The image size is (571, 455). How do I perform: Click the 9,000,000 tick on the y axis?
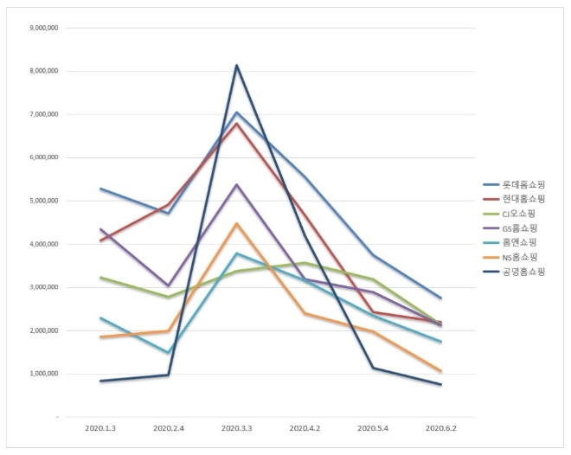[x=44, y=28]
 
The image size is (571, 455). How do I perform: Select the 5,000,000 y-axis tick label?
[x=44, y=201]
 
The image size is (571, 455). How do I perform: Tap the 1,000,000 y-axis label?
[x=44, y=374]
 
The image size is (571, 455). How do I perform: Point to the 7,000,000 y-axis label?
[x=44, y=114]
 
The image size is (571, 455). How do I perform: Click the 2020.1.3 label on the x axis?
[x=102, y=428]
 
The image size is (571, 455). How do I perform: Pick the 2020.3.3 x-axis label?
[x=237, y=428]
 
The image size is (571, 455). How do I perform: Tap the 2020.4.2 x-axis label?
[x=305, y=428]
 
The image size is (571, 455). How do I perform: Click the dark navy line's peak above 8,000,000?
[x=237, y=66]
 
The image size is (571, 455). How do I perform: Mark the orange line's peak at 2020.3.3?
[x=237, y=224]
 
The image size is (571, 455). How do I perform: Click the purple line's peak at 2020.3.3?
[x=237, y=185]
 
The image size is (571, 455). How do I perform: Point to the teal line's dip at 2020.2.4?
[x=170, y=352]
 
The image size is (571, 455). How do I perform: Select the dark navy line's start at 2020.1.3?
[x=102, y=381]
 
